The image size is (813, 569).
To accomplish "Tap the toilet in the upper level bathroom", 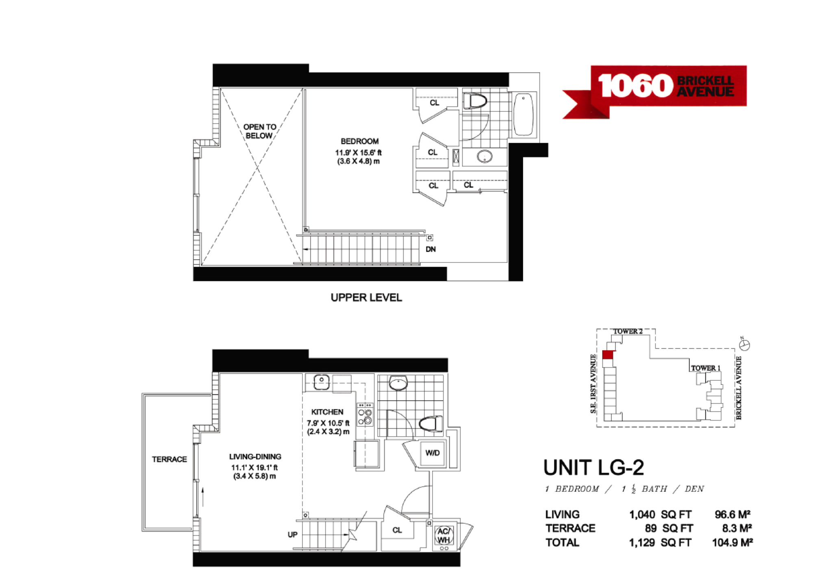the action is (475, 101).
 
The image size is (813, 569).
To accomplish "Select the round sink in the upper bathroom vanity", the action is (485, 156).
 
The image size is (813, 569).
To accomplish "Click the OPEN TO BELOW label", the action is (260, 131).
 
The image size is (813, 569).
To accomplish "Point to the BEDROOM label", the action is (360, 141).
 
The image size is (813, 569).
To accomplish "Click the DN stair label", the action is (431, 249).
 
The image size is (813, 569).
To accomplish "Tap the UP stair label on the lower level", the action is (293, 534).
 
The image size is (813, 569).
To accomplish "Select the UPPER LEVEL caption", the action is (366, 298).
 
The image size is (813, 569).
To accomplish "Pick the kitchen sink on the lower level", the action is (321, 381).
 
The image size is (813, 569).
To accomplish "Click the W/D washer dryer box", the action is (433, 453).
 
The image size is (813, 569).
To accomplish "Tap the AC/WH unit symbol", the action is (444, 536).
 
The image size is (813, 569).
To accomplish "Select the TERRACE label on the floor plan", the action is (170, 459).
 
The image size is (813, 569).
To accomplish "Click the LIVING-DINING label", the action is (255, 456).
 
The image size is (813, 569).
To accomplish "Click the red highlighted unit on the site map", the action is (607, 355).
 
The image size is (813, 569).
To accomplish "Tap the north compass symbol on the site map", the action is (744, 345).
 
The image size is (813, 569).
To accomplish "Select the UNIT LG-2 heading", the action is (593, 467).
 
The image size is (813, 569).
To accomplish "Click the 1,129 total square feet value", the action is (642, 543).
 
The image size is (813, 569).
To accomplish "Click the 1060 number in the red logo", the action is (635, 86).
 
